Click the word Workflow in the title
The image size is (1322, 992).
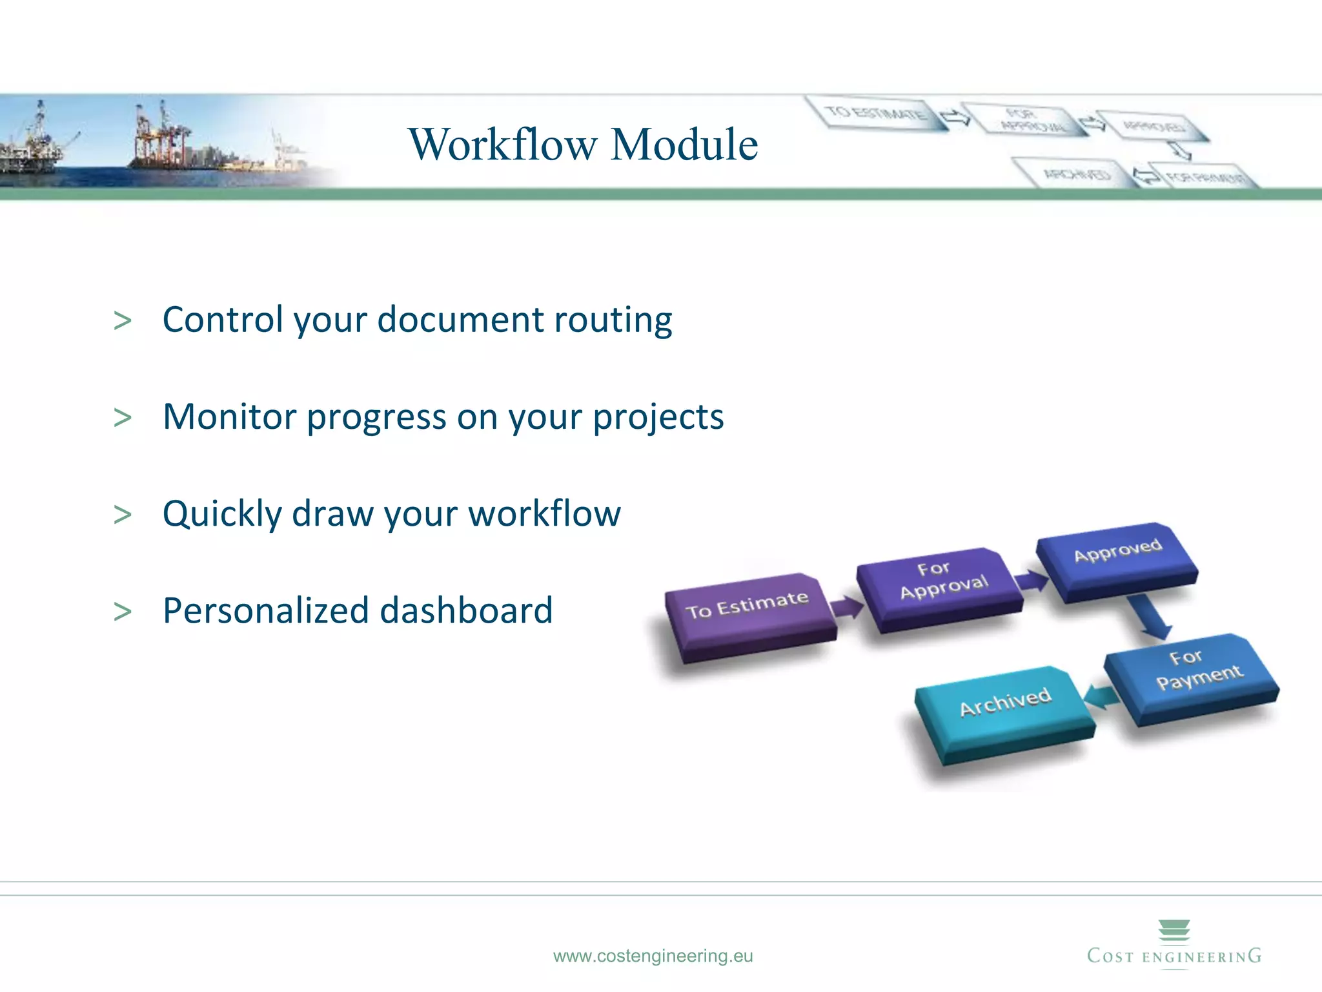(503, 144)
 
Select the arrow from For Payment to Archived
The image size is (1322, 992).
(1101, 697)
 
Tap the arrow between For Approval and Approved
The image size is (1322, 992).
(1032, 581)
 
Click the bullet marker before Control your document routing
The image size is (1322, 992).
(122, 321)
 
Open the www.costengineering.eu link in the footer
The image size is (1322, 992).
(653, 956)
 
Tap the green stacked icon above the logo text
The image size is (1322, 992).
(1174, 930)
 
